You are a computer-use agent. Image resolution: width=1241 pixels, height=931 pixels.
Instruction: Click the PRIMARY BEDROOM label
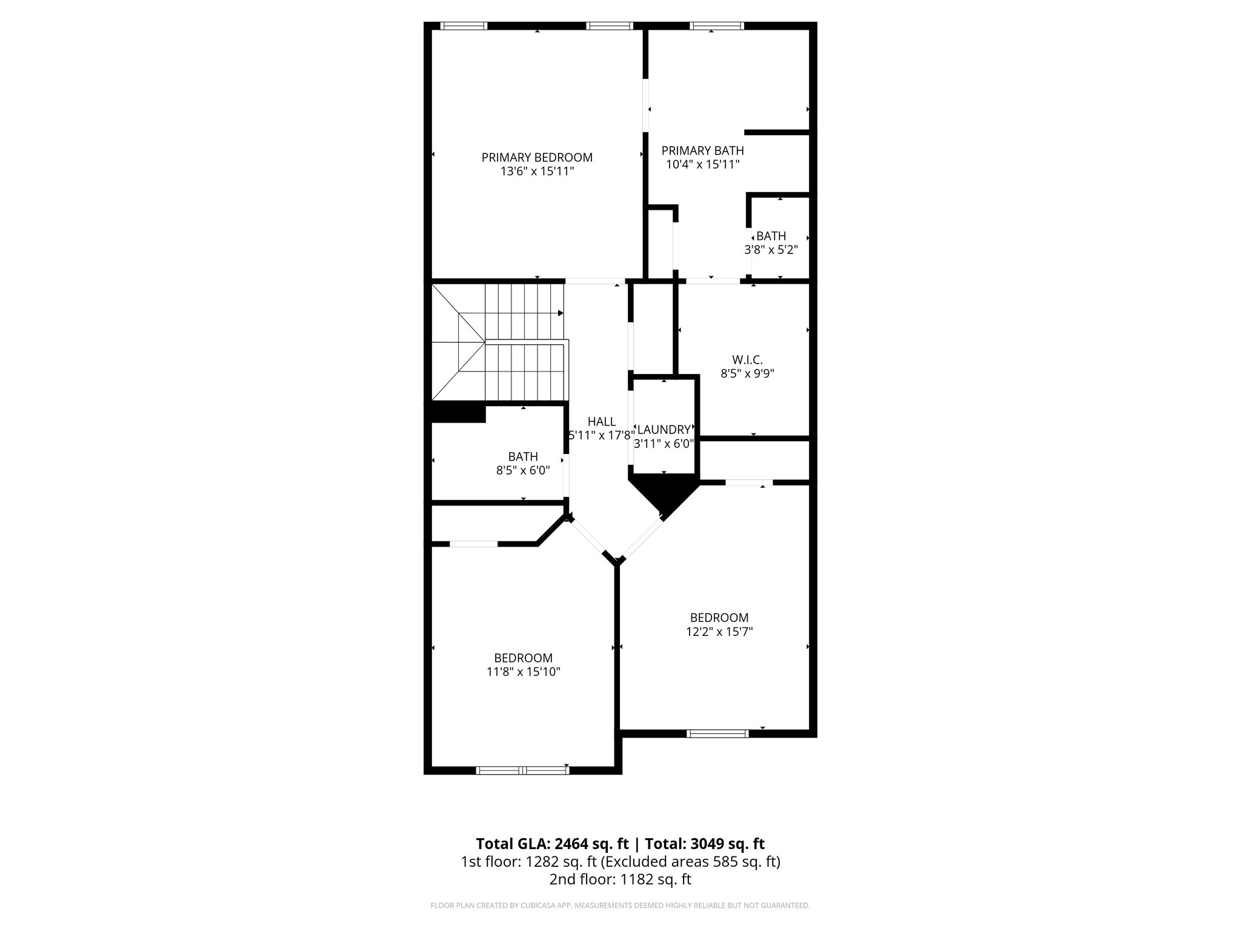[537, 158]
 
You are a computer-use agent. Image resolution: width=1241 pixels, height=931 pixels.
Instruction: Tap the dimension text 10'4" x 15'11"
[703, 164]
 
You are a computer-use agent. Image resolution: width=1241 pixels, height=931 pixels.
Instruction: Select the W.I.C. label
[747, 360]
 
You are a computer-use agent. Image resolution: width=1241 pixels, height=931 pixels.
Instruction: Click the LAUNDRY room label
[664, 430]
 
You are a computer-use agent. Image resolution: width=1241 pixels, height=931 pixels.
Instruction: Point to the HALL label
[601, 422]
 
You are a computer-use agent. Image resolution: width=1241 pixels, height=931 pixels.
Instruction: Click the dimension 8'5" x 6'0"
[523, 470]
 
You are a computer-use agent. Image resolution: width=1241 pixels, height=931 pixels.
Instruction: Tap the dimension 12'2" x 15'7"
[719, 632]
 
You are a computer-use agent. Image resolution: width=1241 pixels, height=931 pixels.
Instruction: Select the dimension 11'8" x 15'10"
[524, 672]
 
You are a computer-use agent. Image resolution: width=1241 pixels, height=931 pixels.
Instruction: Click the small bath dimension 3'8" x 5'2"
[771, 250]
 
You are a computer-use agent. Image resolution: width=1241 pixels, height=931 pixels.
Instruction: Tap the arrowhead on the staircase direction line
[561, 313]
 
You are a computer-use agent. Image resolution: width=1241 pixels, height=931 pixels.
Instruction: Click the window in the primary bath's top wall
[717, 26]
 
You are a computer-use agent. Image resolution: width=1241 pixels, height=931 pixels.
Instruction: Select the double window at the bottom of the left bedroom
[522, 770]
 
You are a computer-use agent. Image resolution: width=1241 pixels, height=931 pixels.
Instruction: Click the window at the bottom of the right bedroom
[717, 733]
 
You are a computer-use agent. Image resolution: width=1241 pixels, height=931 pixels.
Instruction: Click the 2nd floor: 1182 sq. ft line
[620, 879]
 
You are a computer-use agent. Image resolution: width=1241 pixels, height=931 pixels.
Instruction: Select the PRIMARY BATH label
[702, 150]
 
